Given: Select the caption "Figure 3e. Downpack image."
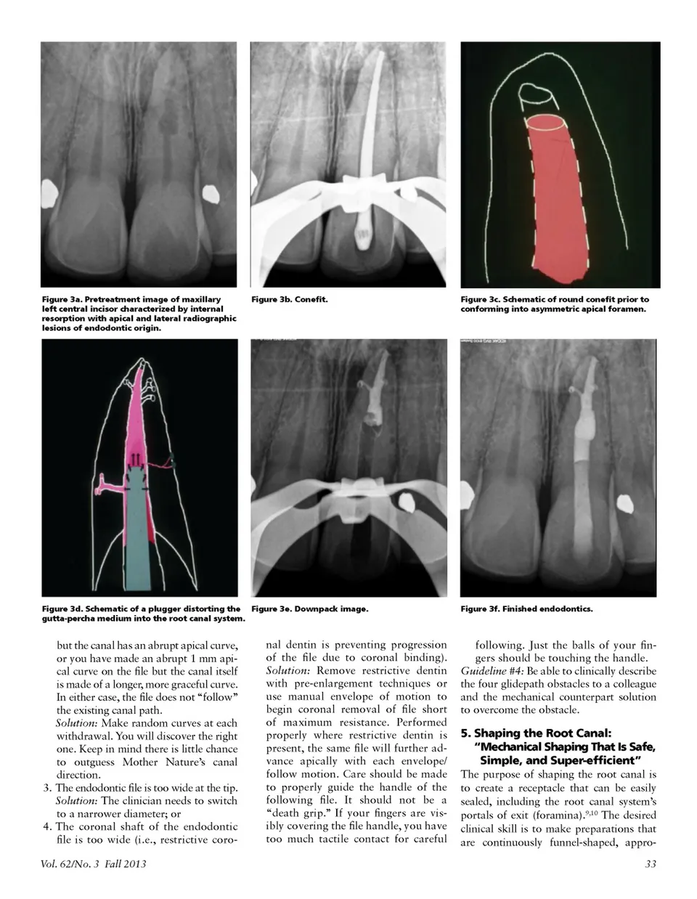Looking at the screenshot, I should (309, 609).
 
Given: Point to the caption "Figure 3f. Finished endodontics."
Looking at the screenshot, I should (526, 609).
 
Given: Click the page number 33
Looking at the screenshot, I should (650, 864).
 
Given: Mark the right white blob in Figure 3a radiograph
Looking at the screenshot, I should (210, 193).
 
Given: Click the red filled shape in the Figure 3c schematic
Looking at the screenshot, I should (555, 196).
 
